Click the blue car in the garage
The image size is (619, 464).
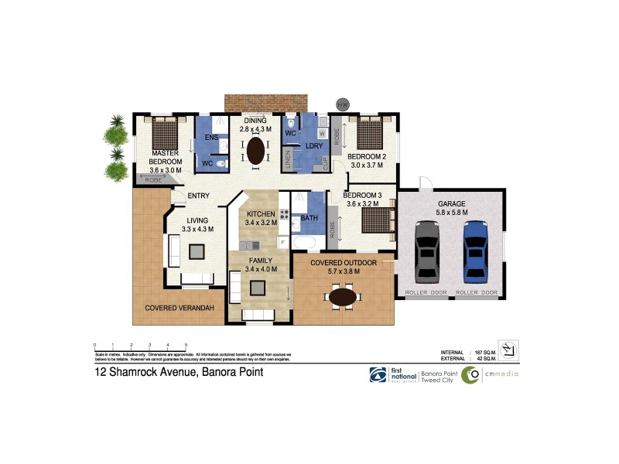point(475,252)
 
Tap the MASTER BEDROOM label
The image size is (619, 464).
point(166,158)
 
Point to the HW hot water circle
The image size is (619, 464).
point(342,104)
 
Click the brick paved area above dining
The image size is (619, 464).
point(266,103)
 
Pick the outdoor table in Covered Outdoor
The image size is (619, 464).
point(344,295)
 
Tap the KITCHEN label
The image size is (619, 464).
point(261,214)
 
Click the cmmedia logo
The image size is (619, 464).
point(491,375)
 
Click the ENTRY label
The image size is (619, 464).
point(199,196)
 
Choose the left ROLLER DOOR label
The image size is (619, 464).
point(426,293)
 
